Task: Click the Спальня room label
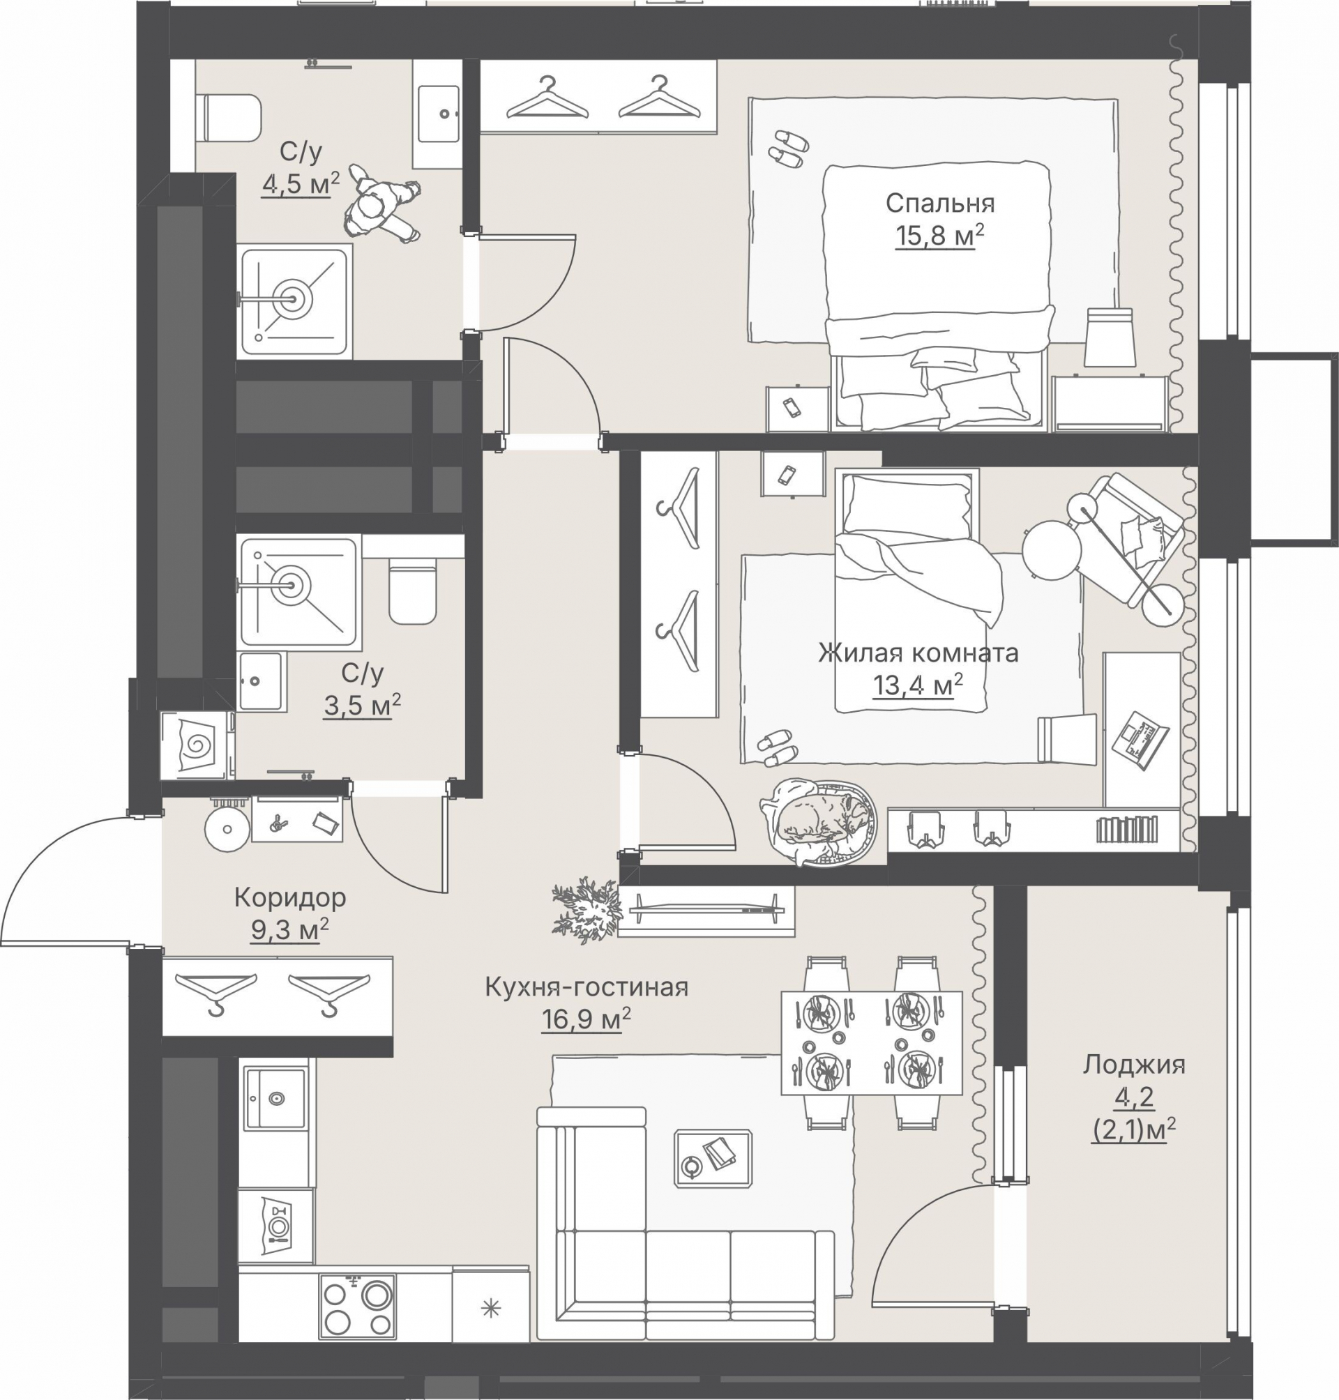pos(940,204)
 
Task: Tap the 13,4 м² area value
pos(918,685)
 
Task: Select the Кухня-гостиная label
pos(586,987)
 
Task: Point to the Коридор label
pos(290,897)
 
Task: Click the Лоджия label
pos(1134,1065)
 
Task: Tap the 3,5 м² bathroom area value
pos(362,705)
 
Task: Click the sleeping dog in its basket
pos(819,821)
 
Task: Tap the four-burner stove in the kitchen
pos(358,1305)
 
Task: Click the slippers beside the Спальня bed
pos(789,149)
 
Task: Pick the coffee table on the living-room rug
pos(713,1158)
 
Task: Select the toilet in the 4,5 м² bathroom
pos(232,119)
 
